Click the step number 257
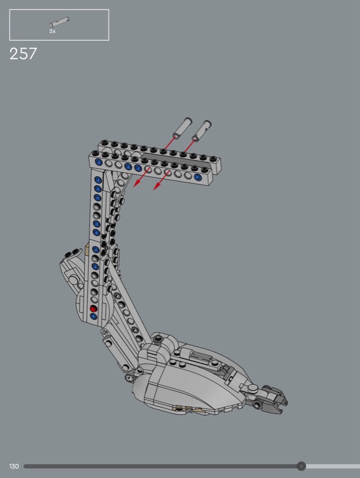(x=23, y=54)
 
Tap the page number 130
(x=14, y=466)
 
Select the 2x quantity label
(x=53, y=31)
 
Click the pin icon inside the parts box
(x=59, y=22)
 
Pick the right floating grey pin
(x=202, y=130)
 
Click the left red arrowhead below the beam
(x=137, y=183)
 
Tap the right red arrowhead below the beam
(x=157, y=186)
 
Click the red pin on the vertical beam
(x=93, y=309)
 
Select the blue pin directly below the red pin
(x=94, y=317)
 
